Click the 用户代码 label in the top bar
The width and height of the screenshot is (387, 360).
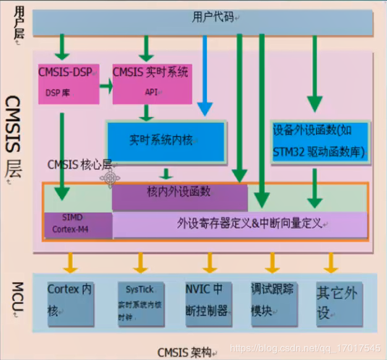click(x=213, y=17)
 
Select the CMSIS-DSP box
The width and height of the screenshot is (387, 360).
click(x=68, y=83)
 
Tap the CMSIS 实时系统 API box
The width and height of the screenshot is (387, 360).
click(x=150, y=83)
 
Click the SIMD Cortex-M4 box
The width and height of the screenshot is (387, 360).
click(x=77, y=225)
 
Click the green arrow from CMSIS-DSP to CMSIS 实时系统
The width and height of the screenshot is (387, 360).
click(x=106, y=87)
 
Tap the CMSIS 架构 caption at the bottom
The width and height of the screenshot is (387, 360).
click(x=184, y=353)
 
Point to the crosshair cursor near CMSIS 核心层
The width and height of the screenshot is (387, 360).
click(x=111, y=179)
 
